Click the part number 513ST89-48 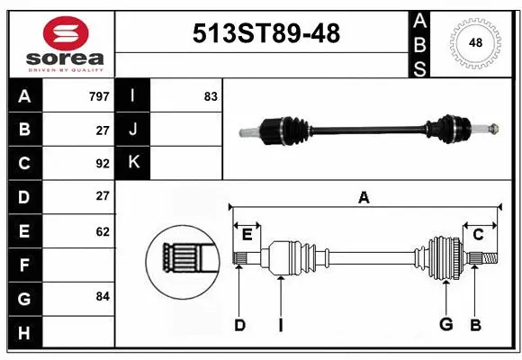coord(266,33)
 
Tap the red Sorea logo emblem coord(66,33)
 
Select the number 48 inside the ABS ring coord(475,42)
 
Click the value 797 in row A coord(99,96)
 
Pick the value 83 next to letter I coord(211,96)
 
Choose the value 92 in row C coord(103,164)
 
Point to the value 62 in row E coord(103,231)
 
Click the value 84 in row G coord(103,296)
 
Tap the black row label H coord(25,332)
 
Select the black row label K coord(133,163)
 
